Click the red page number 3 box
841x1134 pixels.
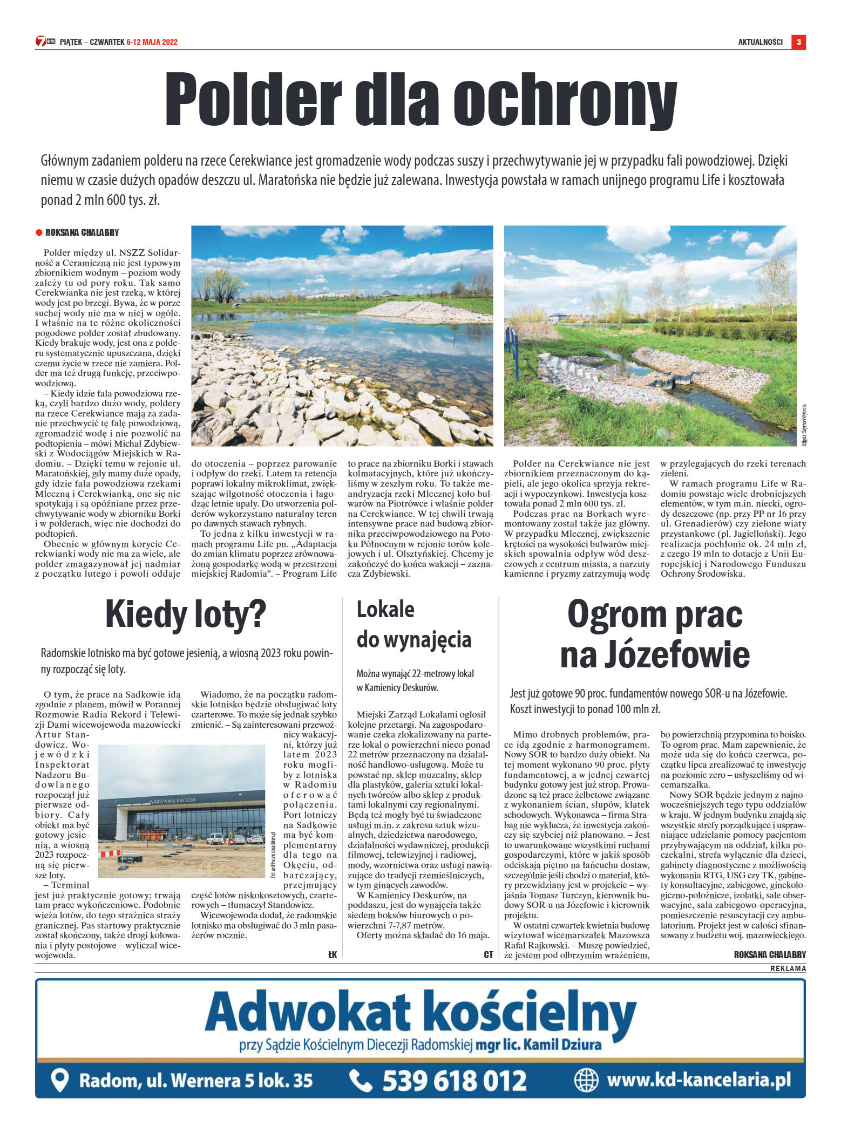pos(798,42)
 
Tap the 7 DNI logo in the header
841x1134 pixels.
pos(45,42)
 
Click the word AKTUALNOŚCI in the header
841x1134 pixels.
pos(760,42)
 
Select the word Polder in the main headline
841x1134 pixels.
pos(253,100)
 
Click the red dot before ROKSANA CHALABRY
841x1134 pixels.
pos(39,233)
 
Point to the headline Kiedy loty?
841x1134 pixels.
pos(186,614)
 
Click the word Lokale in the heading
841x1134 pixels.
pos(385,610)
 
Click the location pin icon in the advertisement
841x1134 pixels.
pos(59,1080)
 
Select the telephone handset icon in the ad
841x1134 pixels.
pos(361,1080)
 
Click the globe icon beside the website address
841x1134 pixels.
pos(586,1080)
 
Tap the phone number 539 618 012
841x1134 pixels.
pos(455,1081)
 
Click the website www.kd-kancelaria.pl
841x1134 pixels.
pos(698,1080)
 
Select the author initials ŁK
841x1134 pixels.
pos(333,954)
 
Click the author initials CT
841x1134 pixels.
pos(489,954)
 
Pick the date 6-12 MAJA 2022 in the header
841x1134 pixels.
pos(152,42)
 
